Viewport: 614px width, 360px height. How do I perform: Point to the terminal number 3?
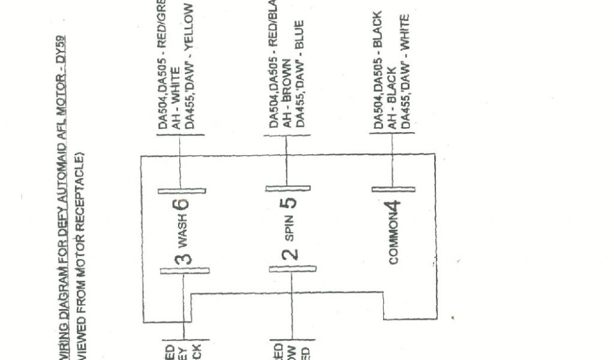pyautogui.click(x=185, y=259)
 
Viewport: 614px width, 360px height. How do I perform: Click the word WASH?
pyautogui.click(x=185, y=236)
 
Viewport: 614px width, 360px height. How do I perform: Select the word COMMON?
pyautogui.click(x=394, y=244)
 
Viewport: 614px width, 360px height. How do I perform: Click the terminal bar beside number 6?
pyautogui.click(x=182, y=191)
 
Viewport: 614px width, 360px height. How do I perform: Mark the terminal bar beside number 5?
pyautogui.click(x=289, y=189)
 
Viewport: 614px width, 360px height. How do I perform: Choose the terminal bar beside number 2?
pyautogui.click(x=292, y=268)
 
